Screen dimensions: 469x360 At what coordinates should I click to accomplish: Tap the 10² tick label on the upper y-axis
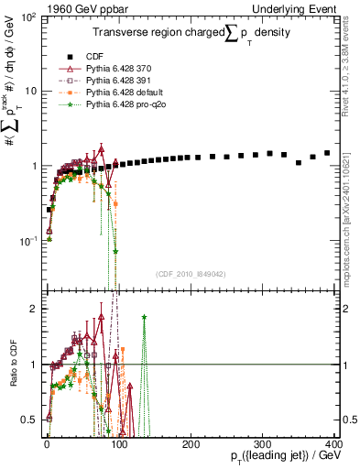[x=29, y=17]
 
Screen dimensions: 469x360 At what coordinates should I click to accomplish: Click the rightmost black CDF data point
[x=327, y=153]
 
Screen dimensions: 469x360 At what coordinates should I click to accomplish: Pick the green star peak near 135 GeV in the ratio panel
[x=144, y=317]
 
